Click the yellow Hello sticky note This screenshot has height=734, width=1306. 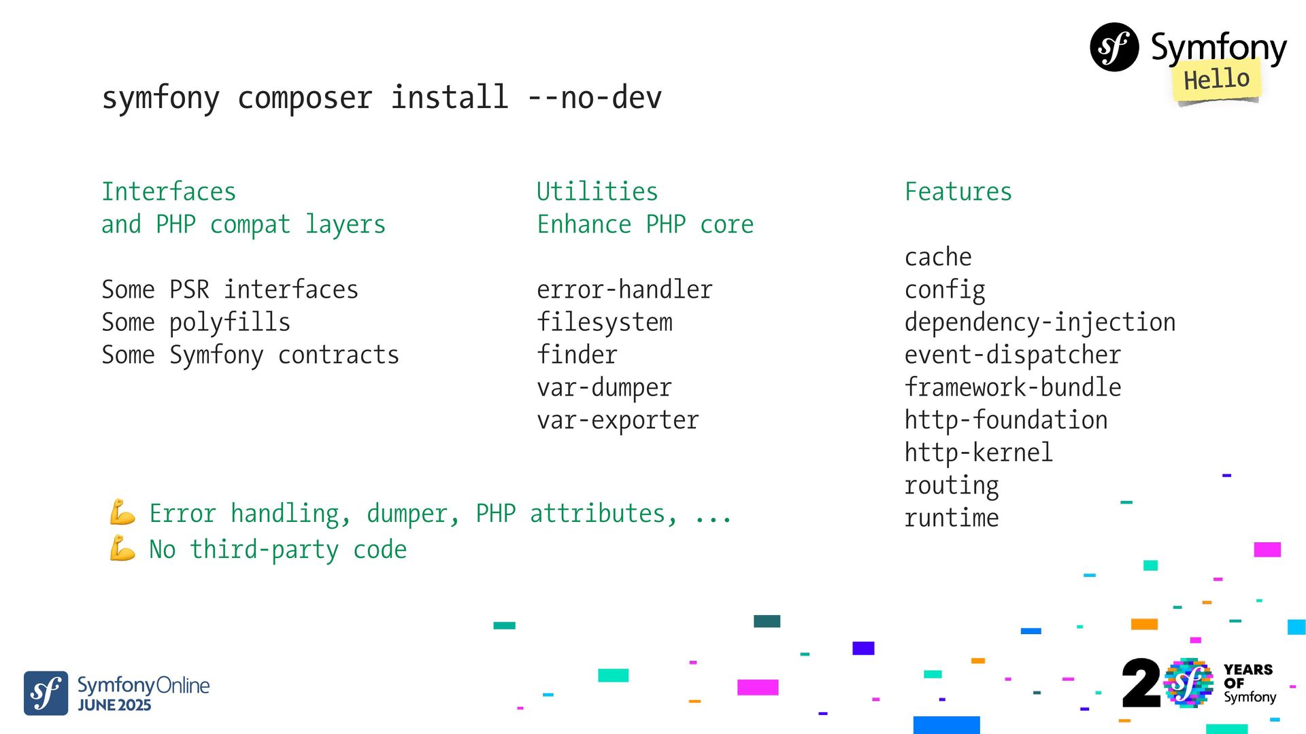tap(1216, 80)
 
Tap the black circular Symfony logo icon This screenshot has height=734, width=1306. tap(1114, 47)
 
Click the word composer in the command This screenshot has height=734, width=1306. tap(305, 98)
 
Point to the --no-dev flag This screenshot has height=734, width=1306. tap(594, 98)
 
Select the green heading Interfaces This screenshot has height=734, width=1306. tap(169, 192)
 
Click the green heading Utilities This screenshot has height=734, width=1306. tap(597, 192)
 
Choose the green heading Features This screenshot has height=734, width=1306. tap(958, 192)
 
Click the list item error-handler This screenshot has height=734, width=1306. tap(624, 290)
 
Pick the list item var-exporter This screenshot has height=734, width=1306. tap(618, 420)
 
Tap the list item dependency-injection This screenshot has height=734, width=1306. tap(1039, 322)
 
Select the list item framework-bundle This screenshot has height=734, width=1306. tap(1012, 387)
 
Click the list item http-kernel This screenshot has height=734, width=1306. tap(978, 453)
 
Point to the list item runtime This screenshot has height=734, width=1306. tap(951, 518)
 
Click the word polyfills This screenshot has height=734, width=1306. tap(230, 322)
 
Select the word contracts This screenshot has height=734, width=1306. tap(339, 355)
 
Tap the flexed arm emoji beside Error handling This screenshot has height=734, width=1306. tap(122, 512)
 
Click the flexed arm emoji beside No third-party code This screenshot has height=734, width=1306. tap(122, 548)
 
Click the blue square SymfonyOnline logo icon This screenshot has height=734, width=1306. tap(46, 693)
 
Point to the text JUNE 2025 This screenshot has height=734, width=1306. tap(114, 705)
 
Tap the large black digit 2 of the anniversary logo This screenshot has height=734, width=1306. tap(1141, 683)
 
